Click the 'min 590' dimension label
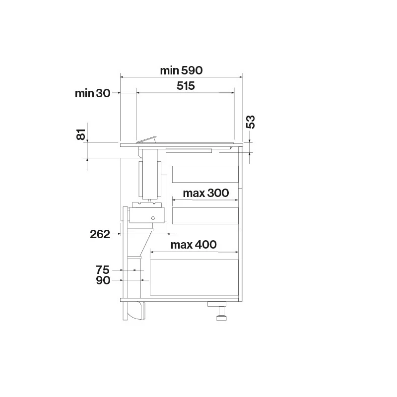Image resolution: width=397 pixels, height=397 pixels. (181, 70)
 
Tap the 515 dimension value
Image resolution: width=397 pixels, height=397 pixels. (186, 86)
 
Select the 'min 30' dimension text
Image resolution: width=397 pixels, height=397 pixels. (92, 93)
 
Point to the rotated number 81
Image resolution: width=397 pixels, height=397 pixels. (81, 134)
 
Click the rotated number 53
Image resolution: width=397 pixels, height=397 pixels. (251, 122)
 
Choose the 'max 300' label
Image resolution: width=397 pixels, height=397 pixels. (205, 193)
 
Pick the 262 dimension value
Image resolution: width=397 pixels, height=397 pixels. (100, 234)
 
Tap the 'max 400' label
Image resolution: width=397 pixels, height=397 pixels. (194, 245)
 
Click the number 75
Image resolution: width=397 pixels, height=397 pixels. (103, 270)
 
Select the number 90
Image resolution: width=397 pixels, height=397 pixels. (103, 280)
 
